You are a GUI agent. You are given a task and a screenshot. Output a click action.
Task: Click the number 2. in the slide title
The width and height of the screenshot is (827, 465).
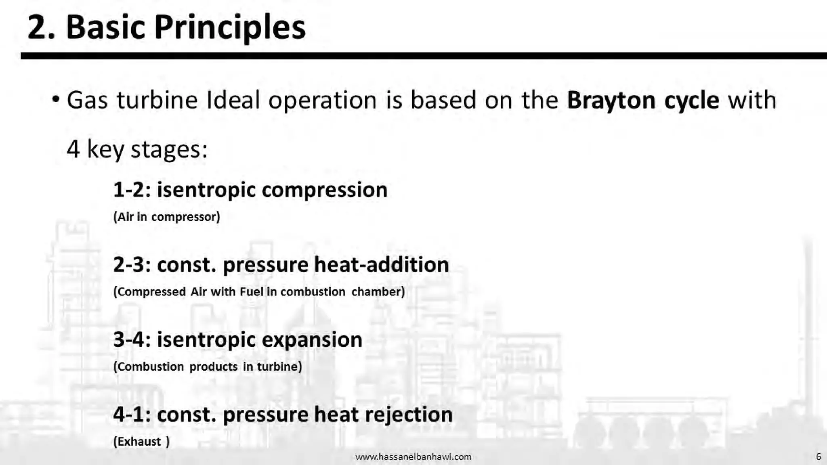click(x=41, y=27)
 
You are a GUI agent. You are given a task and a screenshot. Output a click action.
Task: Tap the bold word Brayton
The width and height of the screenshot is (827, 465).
click(x=611, y=100)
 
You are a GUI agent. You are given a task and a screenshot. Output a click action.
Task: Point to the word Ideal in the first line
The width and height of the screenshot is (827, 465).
click(x=233, y=100)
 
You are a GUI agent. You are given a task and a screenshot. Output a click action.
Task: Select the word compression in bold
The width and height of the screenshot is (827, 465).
click(x=324, y=190)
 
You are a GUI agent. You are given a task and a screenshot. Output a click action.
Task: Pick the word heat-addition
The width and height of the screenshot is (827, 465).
click(x=381, y=265)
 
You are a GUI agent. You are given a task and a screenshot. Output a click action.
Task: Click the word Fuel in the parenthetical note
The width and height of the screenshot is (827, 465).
click(x=251, y=291)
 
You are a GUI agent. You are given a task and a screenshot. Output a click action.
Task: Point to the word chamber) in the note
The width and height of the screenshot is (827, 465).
click(x=378, y=291)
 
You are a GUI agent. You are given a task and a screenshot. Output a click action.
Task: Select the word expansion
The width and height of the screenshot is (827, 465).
click(x=312, y=339)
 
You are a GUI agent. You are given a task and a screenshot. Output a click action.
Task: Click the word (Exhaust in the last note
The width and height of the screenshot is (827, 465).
click(x=137, y=441)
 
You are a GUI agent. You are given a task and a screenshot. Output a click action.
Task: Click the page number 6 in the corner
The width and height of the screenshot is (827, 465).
click(x=819, y=457)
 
